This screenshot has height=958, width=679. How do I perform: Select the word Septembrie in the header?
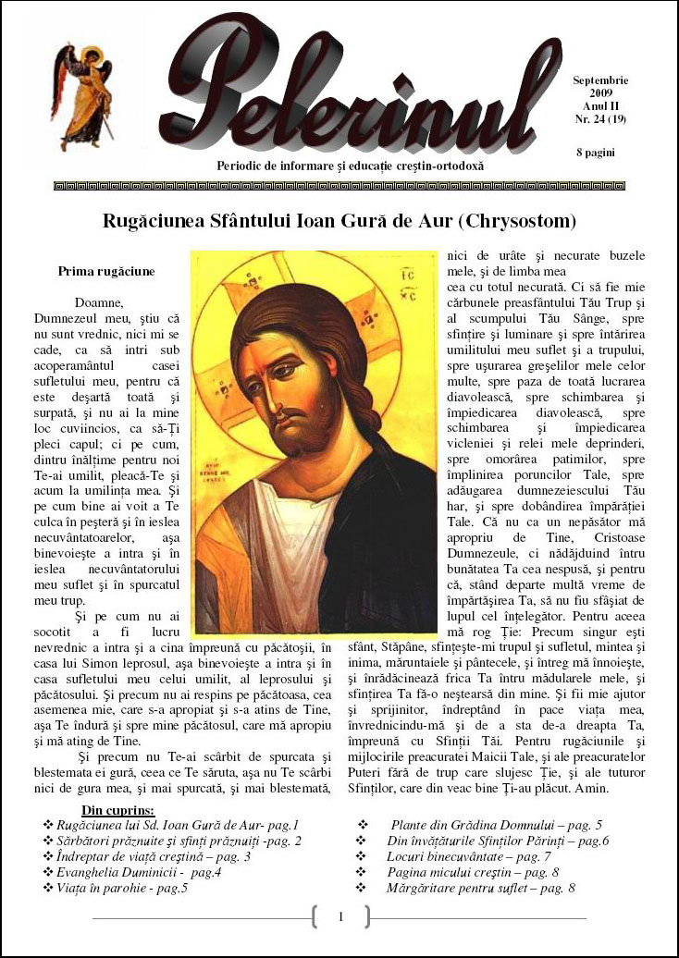point(600,81)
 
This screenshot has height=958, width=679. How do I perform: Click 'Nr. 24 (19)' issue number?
point(600,119)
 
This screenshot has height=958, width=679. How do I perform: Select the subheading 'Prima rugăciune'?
point(106,272)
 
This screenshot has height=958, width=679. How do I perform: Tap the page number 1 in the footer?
point(340,917)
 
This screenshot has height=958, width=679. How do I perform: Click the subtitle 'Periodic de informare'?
point(350,166)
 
